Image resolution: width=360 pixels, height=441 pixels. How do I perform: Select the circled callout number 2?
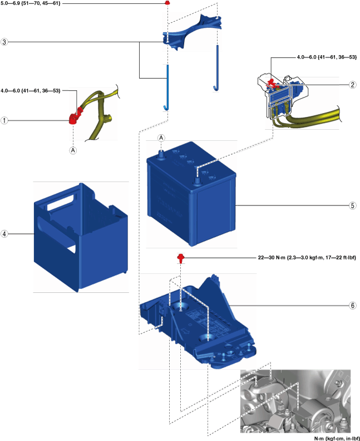point(352,85)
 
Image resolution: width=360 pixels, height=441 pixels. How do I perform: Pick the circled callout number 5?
point(352,205)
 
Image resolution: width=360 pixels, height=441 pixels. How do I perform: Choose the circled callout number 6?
point(352,306)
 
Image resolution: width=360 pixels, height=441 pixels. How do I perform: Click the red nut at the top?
point(167,3)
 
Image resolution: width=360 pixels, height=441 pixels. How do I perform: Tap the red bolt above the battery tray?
point(181,257)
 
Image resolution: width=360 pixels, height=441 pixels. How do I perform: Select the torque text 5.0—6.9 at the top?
point(31,3)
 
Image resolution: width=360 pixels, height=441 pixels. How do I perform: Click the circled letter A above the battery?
point(161,138)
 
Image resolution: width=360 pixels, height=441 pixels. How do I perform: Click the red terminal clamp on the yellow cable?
point(73,118)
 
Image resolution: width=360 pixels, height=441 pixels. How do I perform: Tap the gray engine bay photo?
point(295,401)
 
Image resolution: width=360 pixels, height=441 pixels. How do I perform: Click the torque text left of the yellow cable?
point(31,90)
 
